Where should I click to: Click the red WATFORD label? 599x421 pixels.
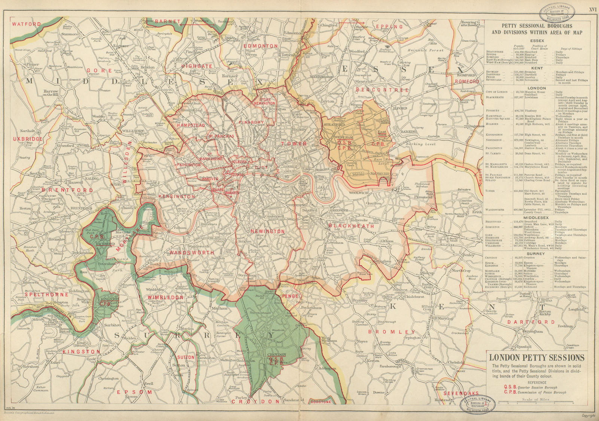coord(26,24)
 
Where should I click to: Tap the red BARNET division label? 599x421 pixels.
coord(167,21)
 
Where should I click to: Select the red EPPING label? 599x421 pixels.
coord(390,27)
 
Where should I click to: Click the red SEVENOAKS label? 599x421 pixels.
coord(461,393)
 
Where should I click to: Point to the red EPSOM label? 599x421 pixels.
coord(134,392)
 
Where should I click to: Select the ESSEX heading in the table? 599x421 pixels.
coord(537,40)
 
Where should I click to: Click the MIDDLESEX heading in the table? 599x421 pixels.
coord(536,218)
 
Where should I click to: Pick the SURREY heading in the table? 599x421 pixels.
coord(536,253)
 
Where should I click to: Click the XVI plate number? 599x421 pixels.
coord(593,9)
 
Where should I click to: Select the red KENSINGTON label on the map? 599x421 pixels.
coord(177,196)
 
